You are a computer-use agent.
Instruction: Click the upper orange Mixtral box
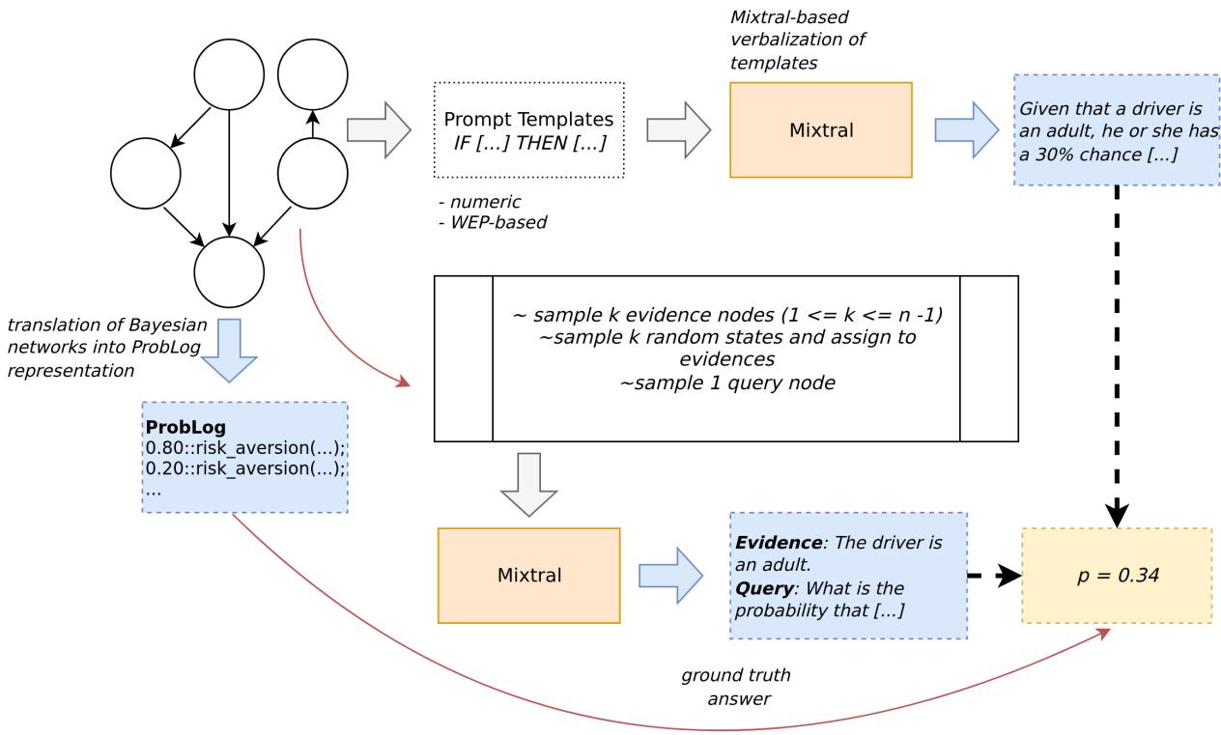click(x=820, y=130)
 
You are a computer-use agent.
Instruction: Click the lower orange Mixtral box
click(x=528, y=576)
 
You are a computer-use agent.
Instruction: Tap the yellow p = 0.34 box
click(x=1116, y=576)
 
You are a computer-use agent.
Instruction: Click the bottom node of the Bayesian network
click(x=229, y=272)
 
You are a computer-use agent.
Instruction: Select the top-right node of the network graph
click(x=313, y=74)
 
